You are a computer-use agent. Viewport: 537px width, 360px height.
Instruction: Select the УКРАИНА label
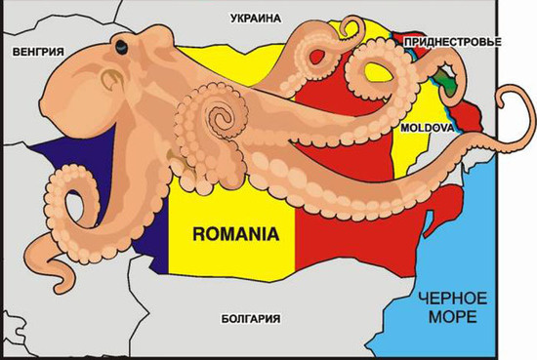point(255,19)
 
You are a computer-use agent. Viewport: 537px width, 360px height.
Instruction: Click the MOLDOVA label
point(425,128)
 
